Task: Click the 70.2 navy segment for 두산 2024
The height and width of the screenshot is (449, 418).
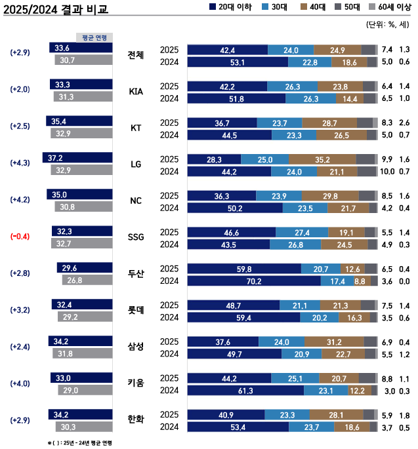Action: click(254, 281)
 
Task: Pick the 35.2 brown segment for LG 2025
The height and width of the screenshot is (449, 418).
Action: click(322, 159)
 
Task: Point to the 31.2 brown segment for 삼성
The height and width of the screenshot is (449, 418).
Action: click(333, 342)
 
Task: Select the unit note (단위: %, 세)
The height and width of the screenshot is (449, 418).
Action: click(387, 25)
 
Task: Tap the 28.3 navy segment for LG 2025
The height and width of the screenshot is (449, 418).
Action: click(214, 159)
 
